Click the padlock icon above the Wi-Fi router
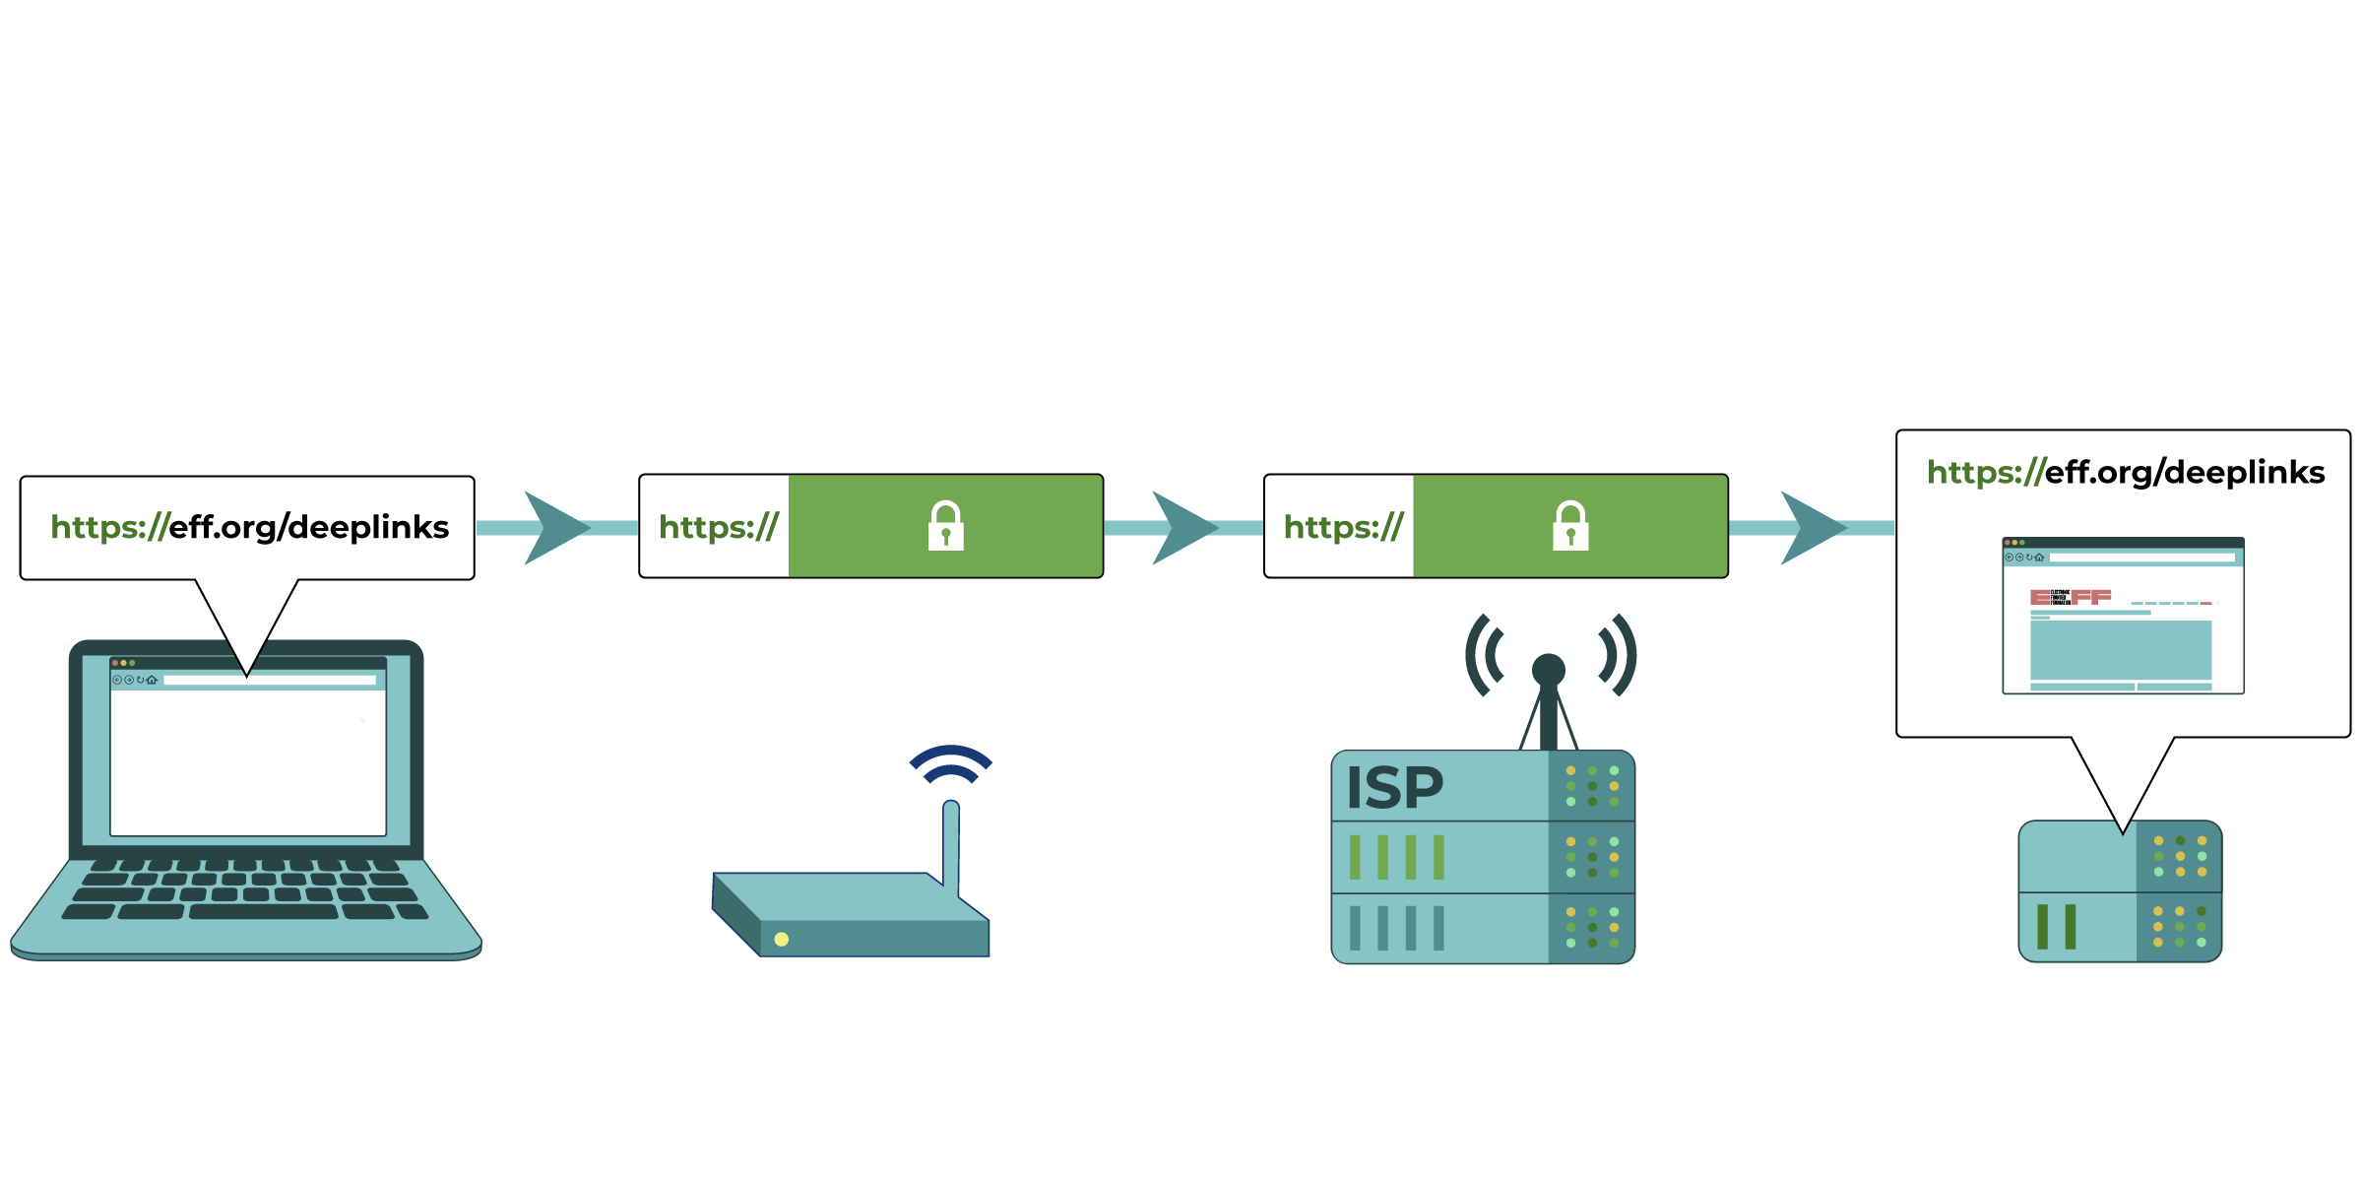coord(945,526)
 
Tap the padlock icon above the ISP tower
coord(1570,526)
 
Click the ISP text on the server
coord(1394,788)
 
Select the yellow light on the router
coord(782,939)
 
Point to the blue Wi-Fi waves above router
coord(951,762)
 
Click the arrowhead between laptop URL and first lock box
coord(553,528)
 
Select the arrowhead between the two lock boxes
coord(1181,528)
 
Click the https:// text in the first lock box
coord(718,527)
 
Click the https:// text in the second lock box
coord(1343,527)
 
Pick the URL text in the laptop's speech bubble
coord(250,527)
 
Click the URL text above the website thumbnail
coord(2125,472)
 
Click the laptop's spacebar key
coord(263,912)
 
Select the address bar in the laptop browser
coord(270,680)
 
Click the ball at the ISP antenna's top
coord(1549,669)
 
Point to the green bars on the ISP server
coord(1396,857)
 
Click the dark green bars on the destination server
coord(2056,926)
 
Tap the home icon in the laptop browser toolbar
coord(152,680)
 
